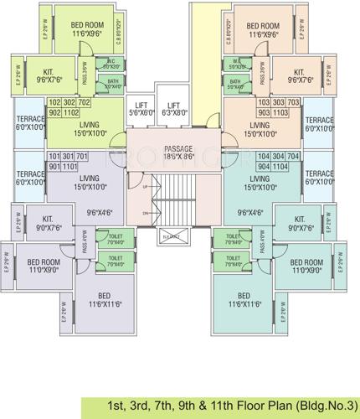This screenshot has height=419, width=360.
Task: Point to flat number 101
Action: tap(56, 157)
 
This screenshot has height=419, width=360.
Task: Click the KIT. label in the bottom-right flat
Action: tap(301, 222)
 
